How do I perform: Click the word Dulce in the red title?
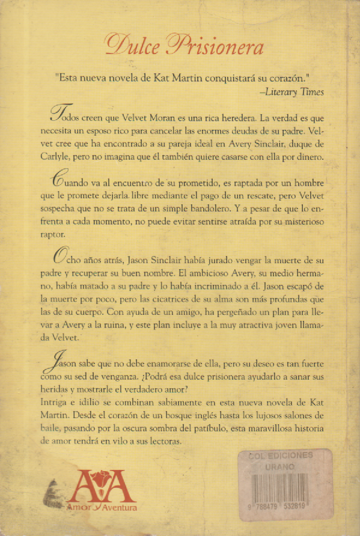coord(133,45)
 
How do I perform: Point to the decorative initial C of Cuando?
coord(61,180)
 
